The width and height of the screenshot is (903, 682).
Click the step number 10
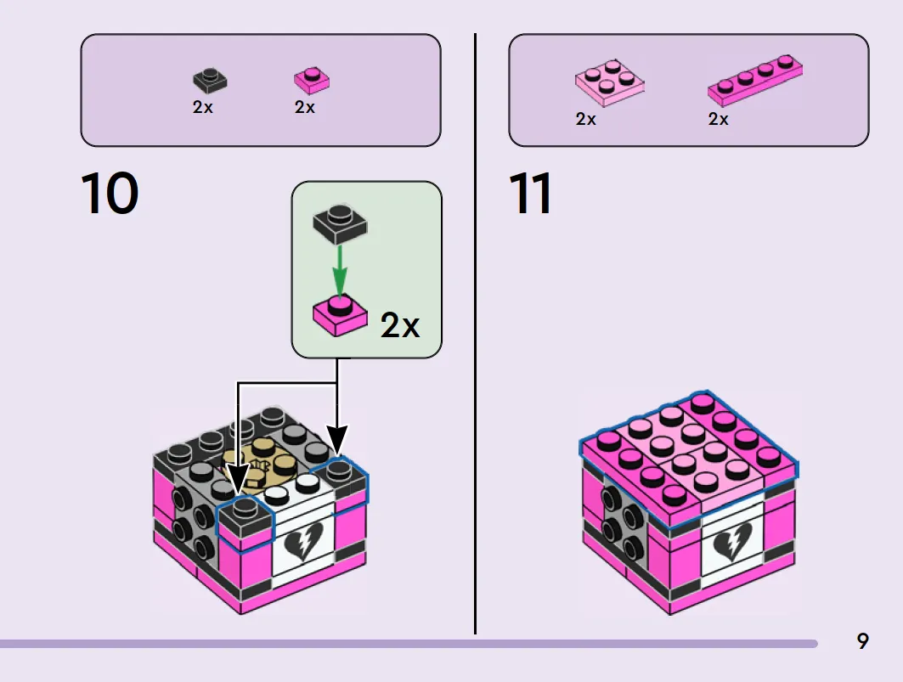point(110,193)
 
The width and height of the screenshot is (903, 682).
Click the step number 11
point(530,193)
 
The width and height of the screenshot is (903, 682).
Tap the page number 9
point(863,641)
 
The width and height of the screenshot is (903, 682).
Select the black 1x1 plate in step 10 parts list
point(210,80)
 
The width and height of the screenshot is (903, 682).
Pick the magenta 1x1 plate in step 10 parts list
point(312,81)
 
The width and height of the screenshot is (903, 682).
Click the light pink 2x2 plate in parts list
point(610,83)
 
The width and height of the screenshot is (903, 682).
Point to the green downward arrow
point(340,271)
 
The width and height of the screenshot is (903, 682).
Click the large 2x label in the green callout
point(400,325)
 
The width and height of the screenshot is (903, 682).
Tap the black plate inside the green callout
point(340,224)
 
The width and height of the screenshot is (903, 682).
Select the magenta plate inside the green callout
point(340,316)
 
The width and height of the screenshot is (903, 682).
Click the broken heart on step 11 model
point(732,542)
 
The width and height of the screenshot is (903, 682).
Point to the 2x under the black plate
point(203,107)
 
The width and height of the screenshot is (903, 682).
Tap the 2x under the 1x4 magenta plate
point(718,119)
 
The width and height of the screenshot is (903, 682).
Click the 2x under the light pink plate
point(585,119)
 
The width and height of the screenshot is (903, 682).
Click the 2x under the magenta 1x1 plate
point(305,107)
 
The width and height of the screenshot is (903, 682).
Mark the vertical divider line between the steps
point(475,334)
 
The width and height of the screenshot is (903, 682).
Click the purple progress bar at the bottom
point(409,644)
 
